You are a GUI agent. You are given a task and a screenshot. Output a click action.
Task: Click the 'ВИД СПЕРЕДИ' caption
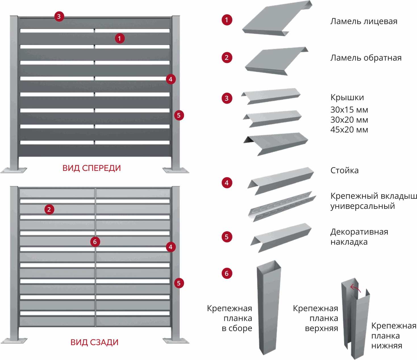coord(91,168)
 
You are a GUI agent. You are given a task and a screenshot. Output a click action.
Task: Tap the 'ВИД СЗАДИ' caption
coord(94,342)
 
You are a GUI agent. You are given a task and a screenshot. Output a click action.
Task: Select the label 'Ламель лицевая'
coord(364,21)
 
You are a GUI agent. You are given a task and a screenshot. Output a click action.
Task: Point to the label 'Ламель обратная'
coord(366,58)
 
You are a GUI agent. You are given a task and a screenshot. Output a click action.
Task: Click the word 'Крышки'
coord(347,98)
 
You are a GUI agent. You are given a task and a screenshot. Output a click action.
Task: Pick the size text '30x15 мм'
coord(349,110)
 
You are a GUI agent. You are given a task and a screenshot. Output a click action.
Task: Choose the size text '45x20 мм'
coord(349,130)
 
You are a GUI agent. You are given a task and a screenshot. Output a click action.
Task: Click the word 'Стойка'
coord(345,170)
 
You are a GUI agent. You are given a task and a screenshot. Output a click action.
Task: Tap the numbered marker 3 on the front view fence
coord(59,16)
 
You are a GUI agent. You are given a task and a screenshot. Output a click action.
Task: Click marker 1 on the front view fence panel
coord(120,38)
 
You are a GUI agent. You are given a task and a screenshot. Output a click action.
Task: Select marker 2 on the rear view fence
coord(49,209)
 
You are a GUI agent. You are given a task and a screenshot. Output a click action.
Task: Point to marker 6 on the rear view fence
coord(95,242)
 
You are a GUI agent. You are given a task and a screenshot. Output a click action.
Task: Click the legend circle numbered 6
coord(227,273)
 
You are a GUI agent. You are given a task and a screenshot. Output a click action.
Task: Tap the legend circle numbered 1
coord(227,20)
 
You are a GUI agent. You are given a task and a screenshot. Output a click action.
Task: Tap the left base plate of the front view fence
coord(14,170)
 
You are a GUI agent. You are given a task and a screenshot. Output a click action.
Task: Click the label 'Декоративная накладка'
coord(359,237)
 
